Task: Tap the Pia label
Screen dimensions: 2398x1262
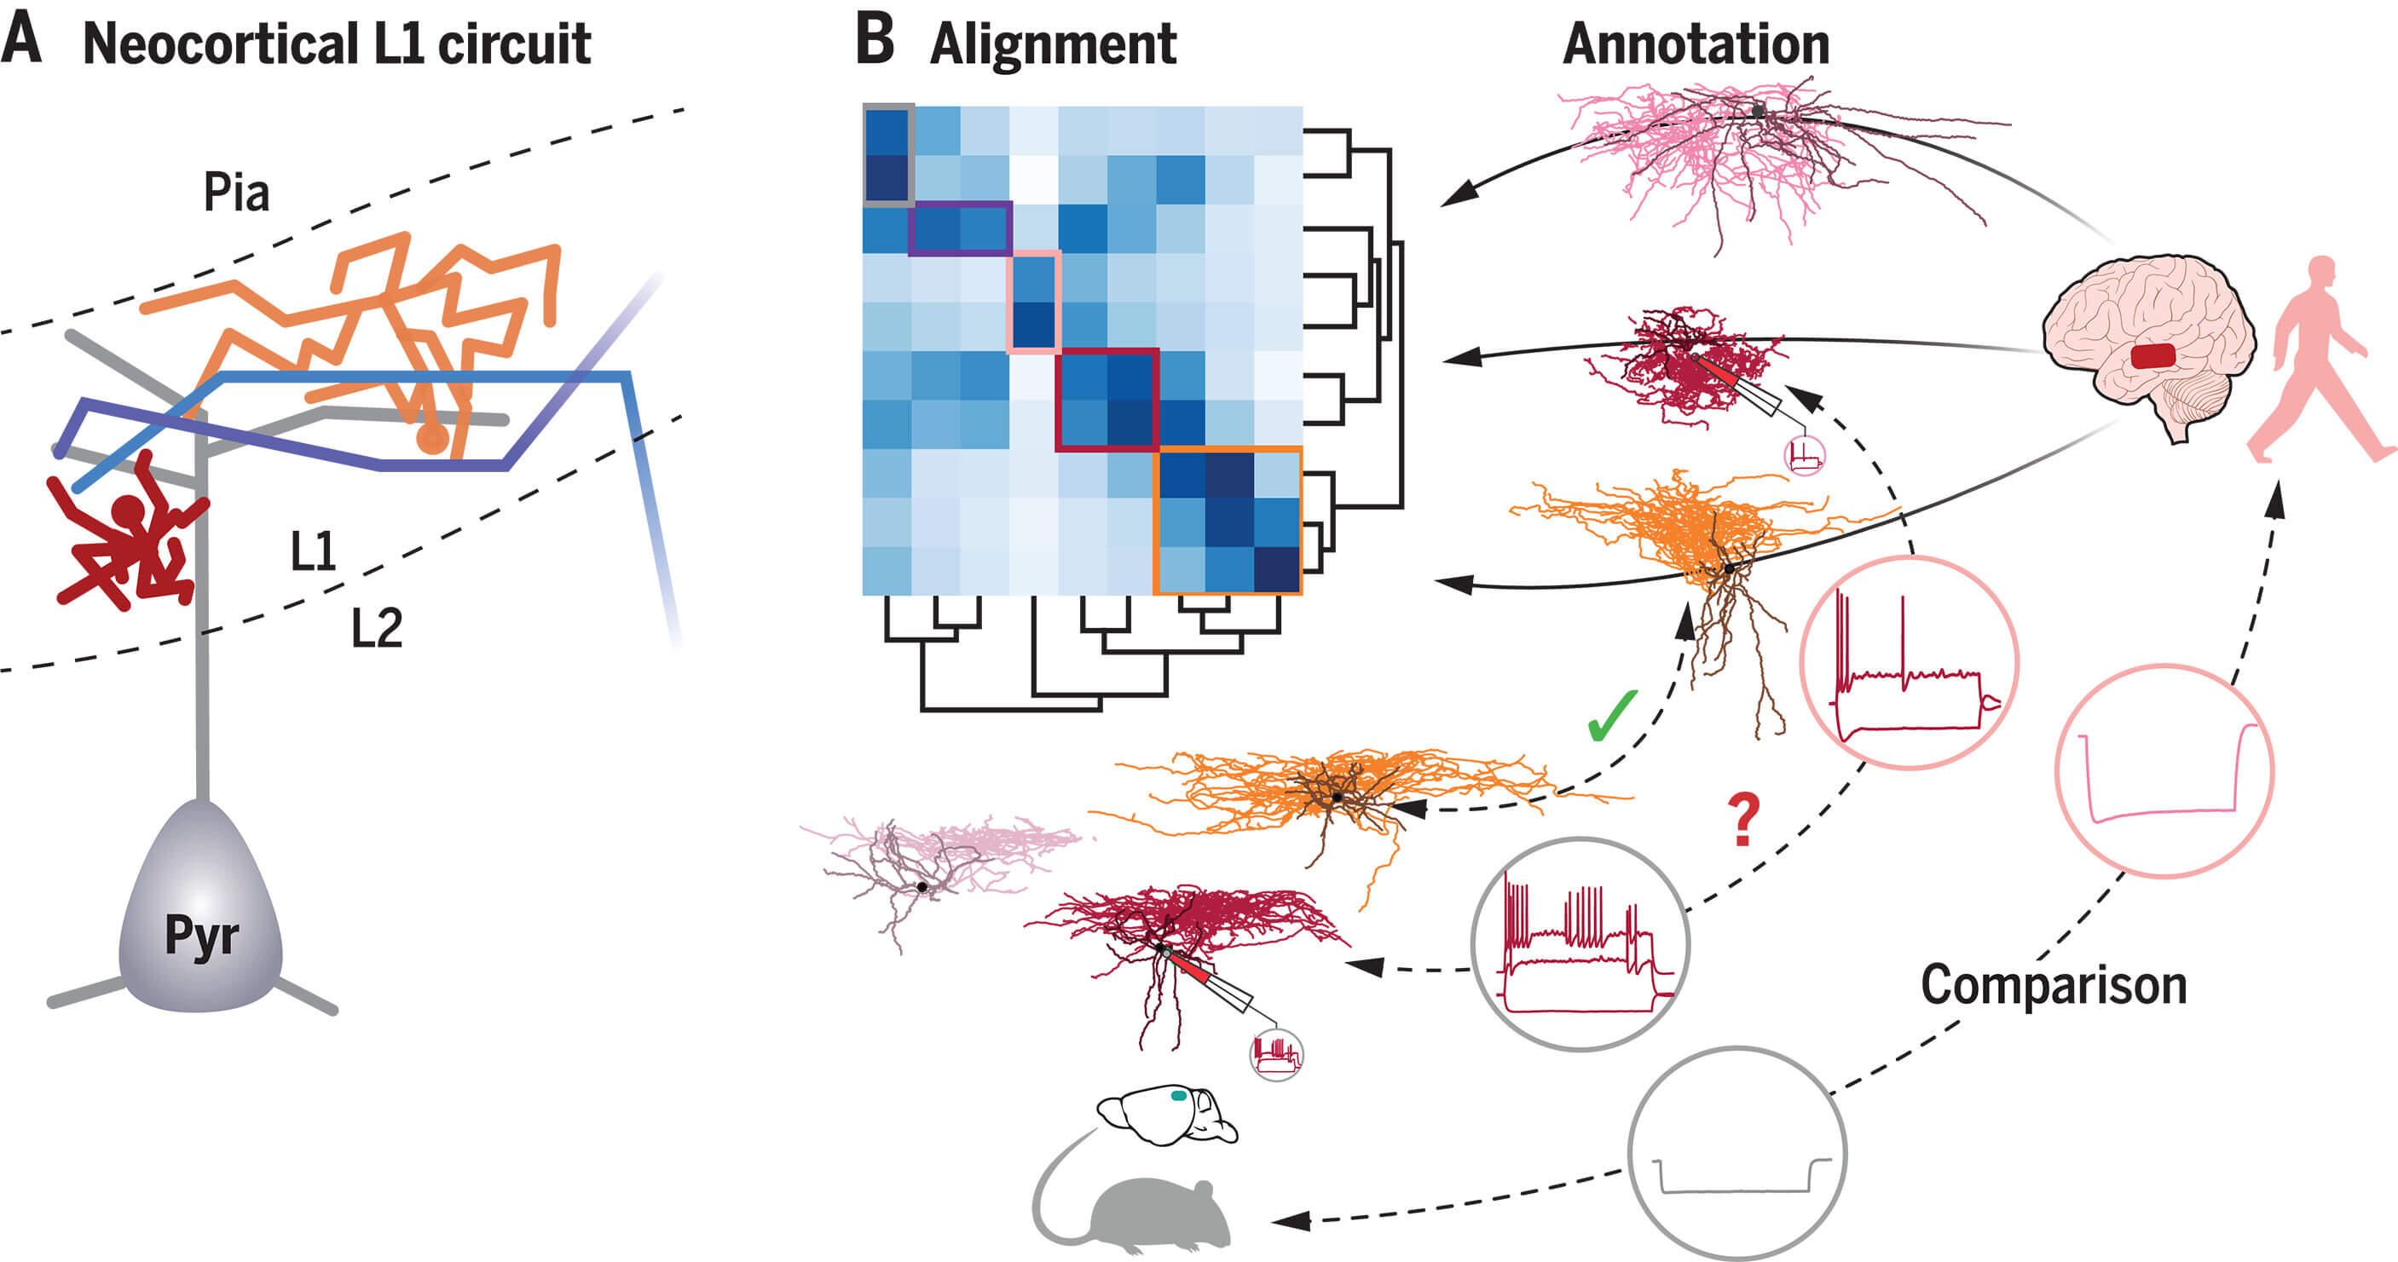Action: tap(236, 192)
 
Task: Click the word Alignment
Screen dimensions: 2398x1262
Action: tap(1053, 44)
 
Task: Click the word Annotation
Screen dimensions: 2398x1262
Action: tap(1696, 43)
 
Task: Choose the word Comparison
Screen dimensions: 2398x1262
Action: tap(2054, 985)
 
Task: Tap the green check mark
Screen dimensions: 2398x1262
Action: tap(1612, 716)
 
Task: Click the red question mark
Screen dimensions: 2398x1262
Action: tap(1744, 818)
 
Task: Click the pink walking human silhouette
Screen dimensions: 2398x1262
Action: tap(2318, 360)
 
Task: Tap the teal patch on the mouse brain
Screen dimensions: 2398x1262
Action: tap(1178, 1095)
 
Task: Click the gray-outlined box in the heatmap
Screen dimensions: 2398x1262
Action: tap(888, 154)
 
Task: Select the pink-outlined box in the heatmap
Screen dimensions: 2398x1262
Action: tap(1034, 302)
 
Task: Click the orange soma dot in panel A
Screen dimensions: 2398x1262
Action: tap(432, 437)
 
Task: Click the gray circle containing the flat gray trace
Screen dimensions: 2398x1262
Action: tap(1737, 1153)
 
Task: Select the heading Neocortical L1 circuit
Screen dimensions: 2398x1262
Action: tap(337, 43)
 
